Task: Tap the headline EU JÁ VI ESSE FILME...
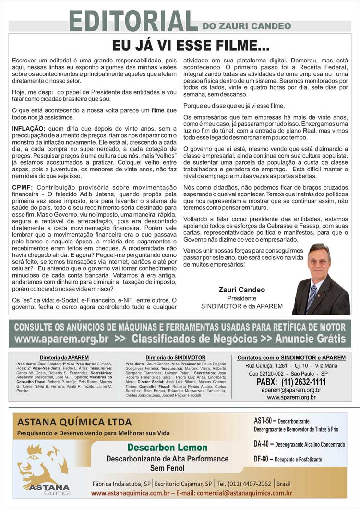[191, 46]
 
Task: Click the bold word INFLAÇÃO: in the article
[29, 129]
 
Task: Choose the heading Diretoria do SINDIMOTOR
[176, 358]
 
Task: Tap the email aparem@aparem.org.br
[291, 390]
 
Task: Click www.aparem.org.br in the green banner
[62, 339]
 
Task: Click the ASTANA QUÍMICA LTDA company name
[74, 423]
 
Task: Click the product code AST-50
[263, 421]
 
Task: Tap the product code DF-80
[263, 459]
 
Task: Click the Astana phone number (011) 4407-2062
[244, 483]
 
